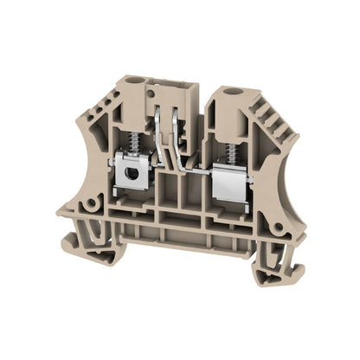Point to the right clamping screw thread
tap(229, 150)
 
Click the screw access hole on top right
tap(231, 90)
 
